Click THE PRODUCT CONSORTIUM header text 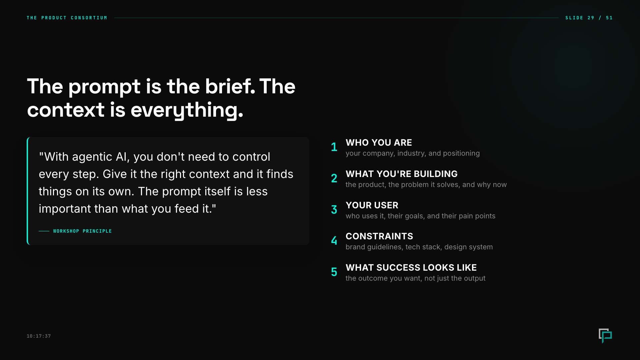[x=67, y=18]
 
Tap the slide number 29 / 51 [x=589, y=18]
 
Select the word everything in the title [x=187, y=110]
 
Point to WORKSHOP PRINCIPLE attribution [x=82, y=231]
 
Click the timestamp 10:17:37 [x=39, y=336]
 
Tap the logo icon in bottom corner [x=605, y=335]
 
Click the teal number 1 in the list [x=334, y=147]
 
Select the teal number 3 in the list [x=334, y=210]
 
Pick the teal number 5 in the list [x=334, y=272]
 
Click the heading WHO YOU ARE [x=379, y=143]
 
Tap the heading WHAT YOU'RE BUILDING [x=401, y=174]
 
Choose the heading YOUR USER [x=372, y=205]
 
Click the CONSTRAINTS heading [x=379, y=236]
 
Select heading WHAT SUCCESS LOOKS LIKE [x=411, y=268]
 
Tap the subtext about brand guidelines [x=419, y=247]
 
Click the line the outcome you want [x=415, y=278]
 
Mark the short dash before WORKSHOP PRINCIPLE [x=44, y=231]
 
